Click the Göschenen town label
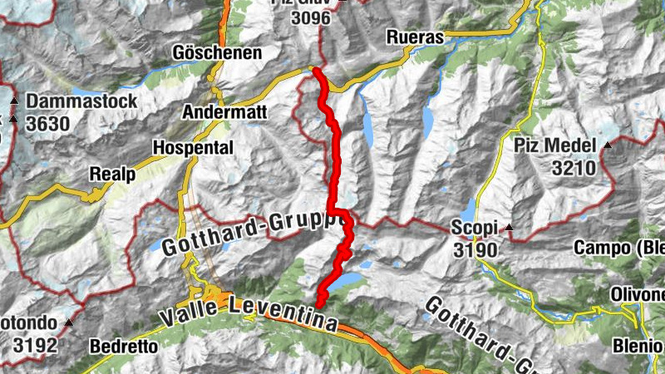216,52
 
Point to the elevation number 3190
475,249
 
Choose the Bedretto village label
117,344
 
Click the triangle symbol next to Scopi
507,228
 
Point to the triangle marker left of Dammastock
14,102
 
